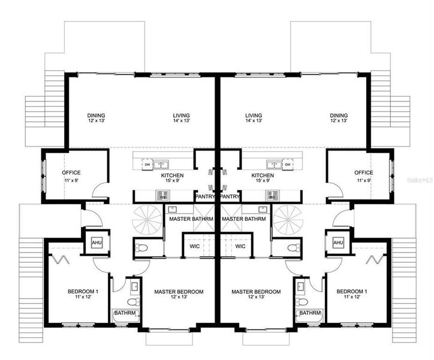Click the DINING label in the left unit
[96, 115]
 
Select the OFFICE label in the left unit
[72, 173]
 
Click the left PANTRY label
[206, 196]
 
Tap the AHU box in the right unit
[338, 242]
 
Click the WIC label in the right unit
[241, 246]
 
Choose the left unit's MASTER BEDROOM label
[179, 292]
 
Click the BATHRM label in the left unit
[126, 313]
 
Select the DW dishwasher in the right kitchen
[288, 164]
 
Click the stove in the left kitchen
[161, 194]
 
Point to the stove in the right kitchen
[273, 194]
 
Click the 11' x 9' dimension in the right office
[363, 179]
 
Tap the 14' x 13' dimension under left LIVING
[179, 121]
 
